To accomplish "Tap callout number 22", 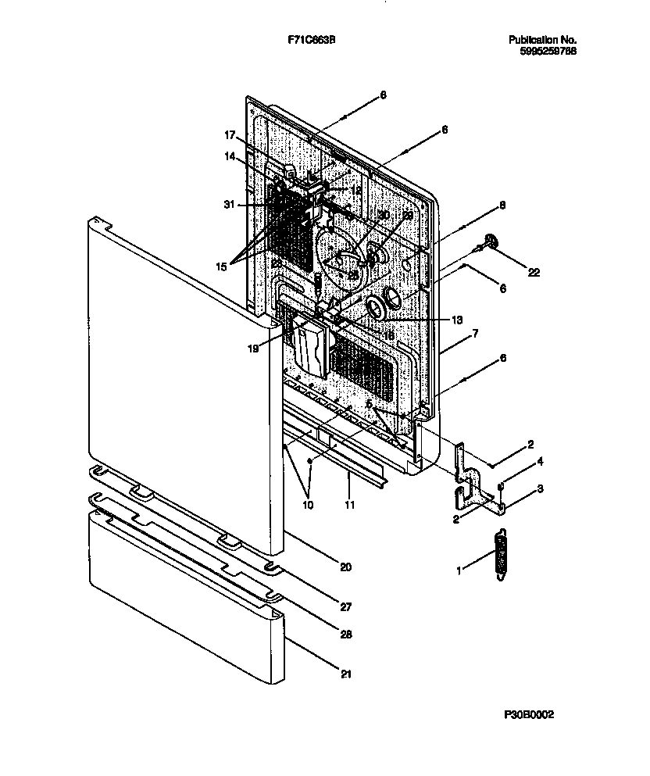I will click(534, 272).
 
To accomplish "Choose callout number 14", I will click(230, 156).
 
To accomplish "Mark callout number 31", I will click(229, 205).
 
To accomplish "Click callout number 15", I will click(221, 266).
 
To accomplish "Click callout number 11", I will click(349, 506).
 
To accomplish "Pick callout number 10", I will click(308, 506).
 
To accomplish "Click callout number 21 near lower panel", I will click(345, 673).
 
